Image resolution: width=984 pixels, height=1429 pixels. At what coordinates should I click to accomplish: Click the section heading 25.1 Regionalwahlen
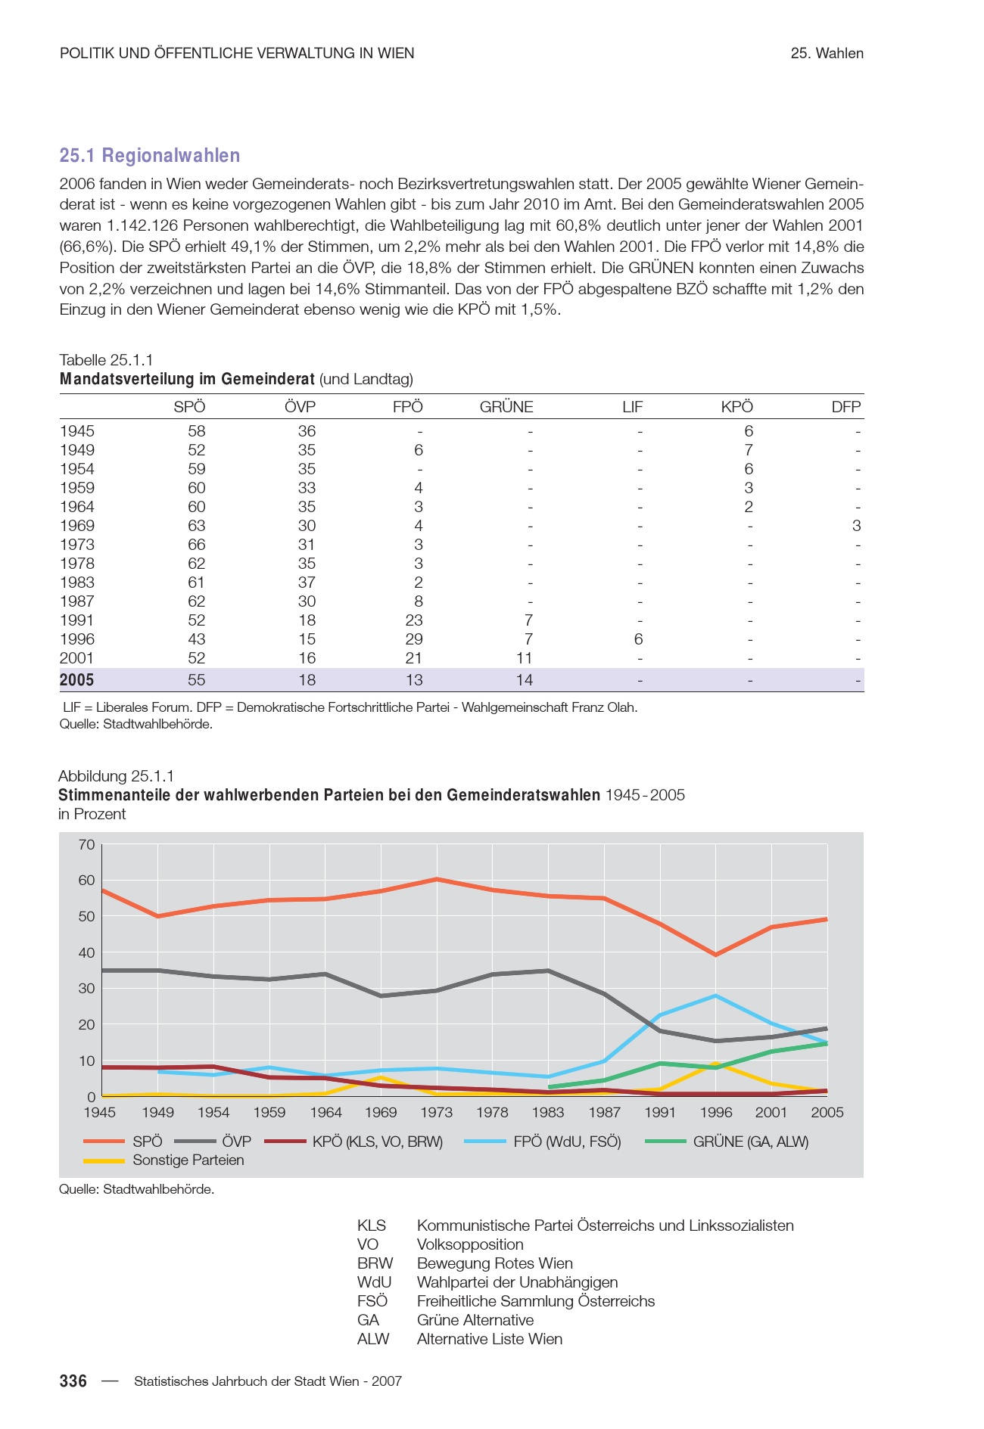coord(150,155)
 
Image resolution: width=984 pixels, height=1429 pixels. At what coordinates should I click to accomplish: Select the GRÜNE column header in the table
coord(506,407)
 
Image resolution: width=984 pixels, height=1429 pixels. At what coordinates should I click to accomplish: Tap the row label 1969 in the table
coord(77,526)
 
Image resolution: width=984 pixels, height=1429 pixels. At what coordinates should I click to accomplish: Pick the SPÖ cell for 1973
coord(196,545)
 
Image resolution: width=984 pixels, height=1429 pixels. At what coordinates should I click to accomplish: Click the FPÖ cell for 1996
coord(413,639)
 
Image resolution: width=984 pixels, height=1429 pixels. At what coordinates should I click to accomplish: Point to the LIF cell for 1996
coord(638,639)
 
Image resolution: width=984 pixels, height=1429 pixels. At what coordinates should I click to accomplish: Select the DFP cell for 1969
coord(856,526)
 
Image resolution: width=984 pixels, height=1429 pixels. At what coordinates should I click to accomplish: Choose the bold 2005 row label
coord(77,679)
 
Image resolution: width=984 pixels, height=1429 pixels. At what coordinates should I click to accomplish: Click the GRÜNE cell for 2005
coord(524,679)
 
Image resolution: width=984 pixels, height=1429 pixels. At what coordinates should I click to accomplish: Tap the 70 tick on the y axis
coord(86,844)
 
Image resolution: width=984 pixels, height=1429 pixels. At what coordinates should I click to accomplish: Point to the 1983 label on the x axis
coord(548,1112)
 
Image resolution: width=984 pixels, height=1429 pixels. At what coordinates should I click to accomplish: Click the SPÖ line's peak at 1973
coord(437,879)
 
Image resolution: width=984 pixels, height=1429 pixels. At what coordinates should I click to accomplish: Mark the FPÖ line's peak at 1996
coord(715,996)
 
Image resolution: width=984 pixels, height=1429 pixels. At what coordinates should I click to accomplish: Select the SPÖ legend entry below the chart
coord(147,1142)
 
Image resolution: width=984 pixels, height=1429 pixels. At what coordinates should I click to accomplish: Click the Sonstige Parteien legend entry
coord(188,1160)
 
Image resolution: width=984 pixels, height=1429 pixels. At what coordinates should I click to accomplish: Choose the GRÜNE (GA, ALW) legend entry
coord(750,1142)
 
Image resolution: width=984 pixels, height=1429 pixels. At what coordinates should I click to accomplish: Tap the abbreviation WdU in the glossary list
coord(374,1282)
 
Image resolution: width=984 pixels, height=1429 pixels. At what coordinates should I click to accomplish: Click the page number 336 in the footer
coord(73,1381)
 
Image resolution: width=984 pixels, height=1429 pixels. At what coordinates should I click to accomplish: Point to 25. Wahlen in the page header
coord(827,53)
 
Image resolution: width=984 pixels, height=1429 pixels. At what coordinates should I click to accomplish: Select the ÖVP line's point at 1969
coord(381,996)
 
